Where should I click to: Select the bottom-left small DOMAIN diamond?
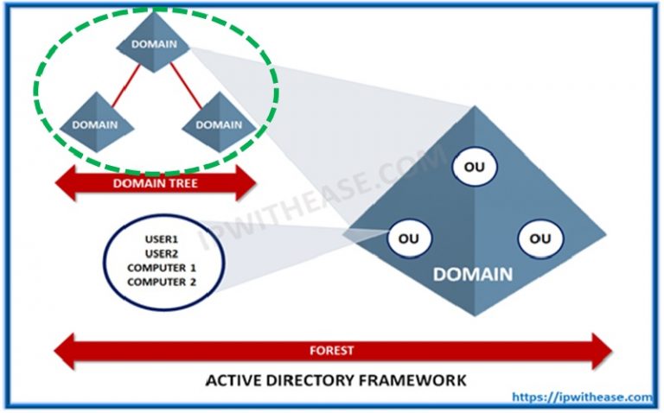point(96,124)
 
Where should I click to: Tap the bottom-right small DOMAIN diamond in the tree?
point(220,124)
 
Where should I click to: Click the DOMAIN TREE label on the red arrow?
point(156,184)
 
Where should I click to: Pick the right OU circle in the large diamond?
point(540,237)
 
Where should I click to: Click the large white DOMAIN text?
point(472,276)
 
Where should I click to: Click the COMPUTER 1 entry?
point(163,269)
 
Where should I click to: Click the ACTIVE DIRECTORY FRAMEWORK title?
point(335,380)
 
